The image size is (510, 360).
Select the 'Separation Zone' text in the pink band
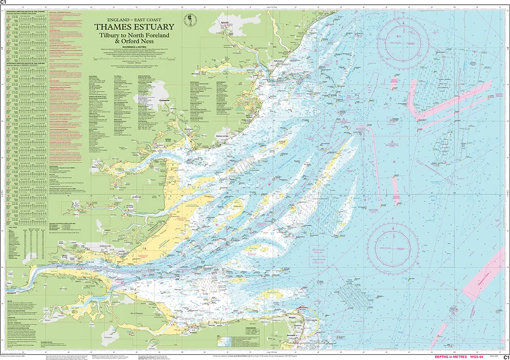483,285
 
